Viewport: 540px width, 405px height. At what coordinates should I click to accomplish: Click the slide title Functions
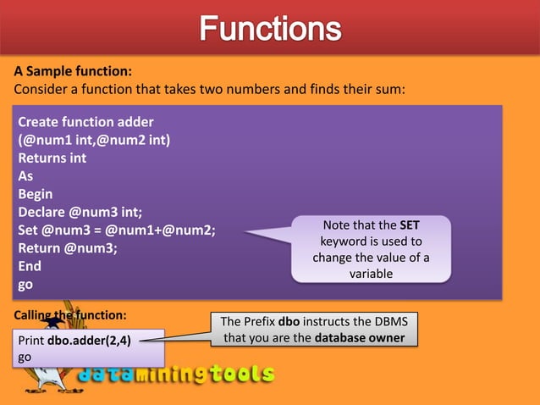270,31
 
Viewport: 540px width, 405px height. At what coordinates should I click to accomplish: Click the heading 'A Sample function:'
73,71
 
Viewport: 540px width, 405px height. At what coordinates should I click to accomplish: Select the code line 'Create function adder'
86,122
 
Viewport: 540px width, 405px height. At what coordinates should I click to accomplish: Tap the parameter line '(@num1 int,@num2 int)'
94,140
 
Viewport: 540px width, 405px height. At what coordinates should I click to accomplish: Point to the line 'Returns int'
52,158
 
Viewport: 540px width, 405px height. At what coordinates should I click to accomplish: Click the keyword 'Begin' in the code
36,194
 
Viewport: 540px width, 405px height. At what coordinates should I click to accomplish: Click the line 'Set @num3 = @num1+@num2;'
117,230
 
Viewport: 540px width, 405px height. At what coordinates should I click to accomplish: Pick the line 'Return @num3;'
68,248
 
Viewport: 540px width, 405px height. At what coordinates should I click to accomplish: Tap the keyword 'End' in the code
30,266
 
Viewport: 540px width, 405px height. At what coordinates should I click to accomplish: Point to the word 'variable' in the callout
372,274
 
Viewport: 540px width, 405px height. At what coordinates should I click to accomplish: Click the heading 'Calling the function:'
70,315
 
